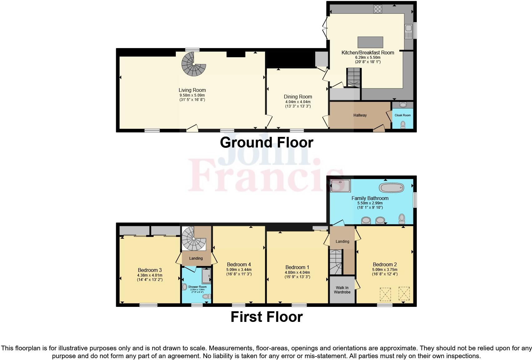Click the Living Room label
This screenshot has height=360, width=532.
(x=192, y=90)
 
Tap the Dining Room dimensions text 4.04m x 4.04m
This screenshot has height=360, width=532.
(x=298, y=102)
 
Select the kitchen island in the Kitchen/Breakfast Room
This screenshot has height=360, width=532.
(x=370, y=42)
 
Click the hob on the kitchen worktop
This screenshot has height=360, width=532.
(x=378, y=9)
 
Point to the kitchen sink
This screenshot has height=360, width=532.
(x=408, y=32)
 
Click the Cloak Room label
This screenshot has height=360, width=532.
(x=402, y=115)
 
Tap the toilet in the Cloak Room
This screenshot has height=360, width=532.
(x=403, y=125)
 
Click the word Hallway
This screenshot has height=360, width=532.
(x=360, y=115)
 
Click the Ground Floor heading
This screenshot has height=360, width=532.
(x=266, y=142)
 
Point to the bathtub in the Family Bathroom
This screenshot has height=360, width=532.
(x=392, y=187)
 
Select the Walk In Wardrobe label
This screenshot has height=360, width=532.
(x=342, y=290)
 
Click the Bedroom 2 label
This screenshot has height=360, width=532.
(x=385, y=264)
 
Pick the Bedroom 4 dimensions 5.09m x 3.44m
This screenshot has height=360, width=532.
(x=239, y=270)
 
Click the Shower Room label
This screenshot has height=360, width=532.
(x=197, y=287)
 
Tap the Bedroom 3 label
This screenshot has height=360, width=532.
(x=150, y=270)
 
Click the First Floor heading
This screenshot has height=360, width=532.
(x=266, y=317)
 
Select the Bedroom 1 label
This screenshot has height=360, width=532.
(x=297, y=267)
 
